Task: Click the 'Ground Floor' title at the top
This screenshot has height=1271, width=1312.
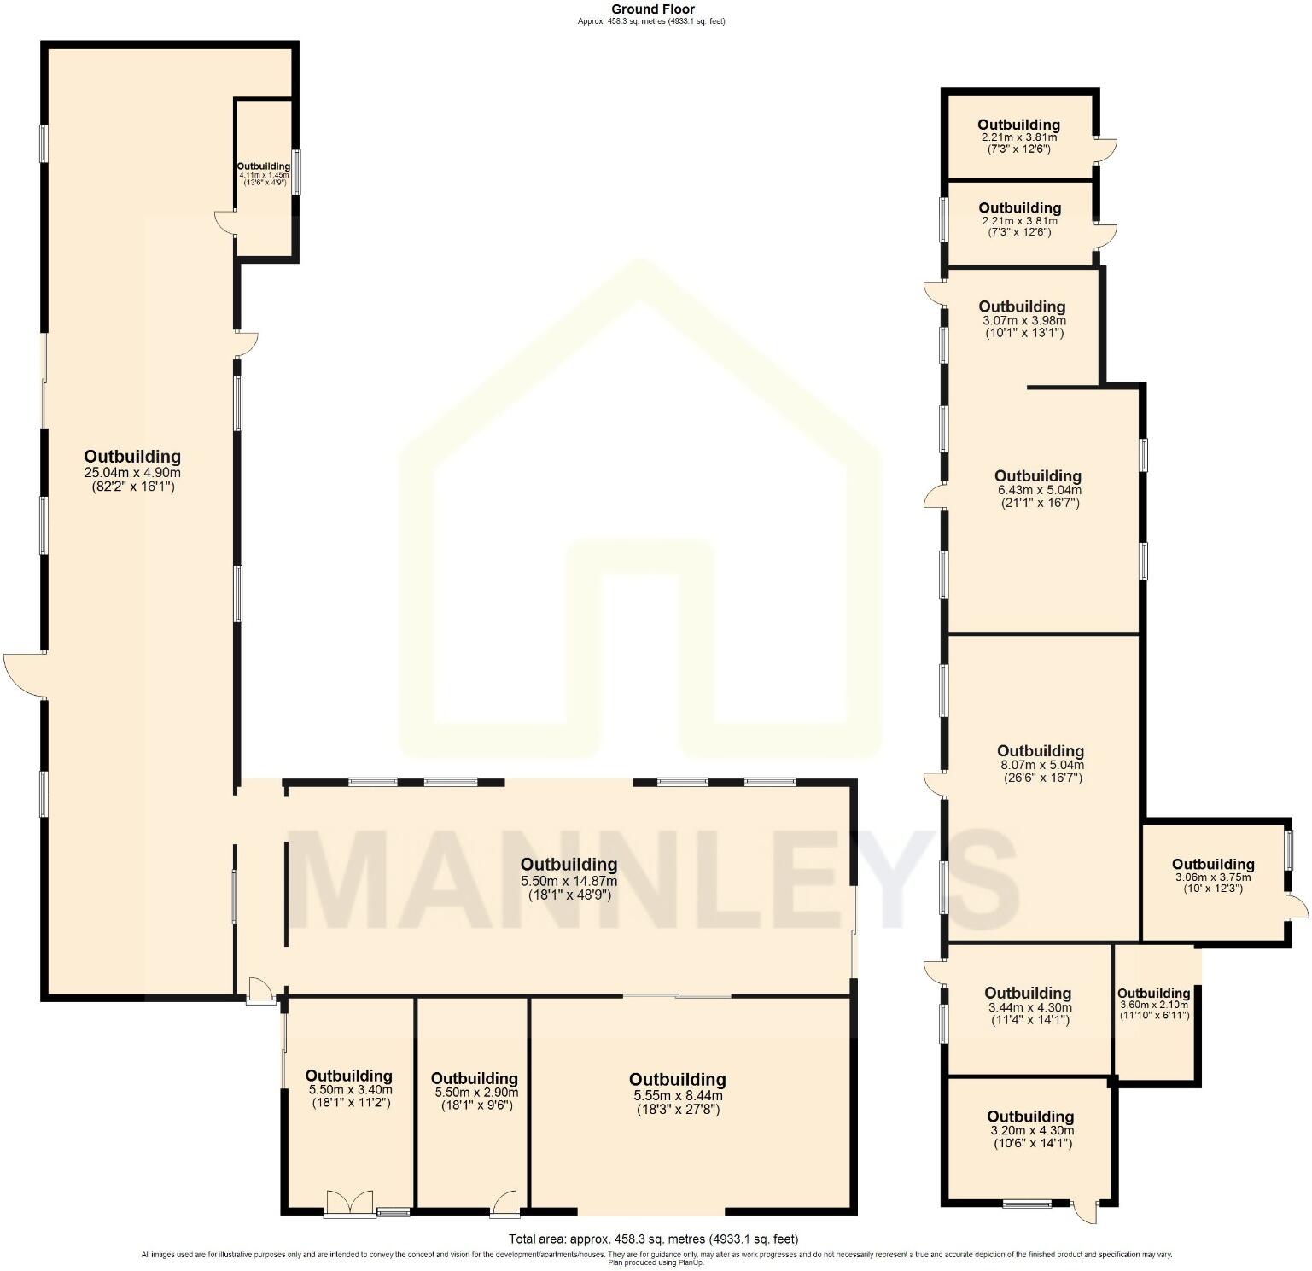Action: click(x=652, y=9)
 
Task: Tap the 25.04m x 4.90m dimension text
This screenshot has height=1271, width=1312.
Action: click(x=132, y=472)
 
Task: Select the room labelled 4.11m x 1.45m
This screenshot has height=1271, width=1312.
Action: click(x=264, y=174)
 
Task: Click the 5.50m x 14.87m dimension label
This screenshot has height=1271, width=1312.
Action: click(x=569, y=881)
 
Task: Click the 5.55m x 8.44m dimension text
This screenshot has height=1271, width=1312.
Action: click(x=677, y=1095)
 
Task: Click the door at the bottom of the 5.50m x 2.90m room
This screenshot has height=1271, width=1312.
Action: click(x=504, y=1203)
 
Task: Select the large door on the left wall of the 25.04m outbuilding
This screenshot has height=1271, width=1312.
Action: click(x=24, y=675)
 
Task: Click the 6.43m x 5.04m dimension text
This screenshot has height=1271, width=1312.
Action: click(x=1038, y=490)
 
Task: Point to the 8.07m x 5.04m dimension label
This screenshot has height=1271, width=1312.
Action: click(x=1040, y=765)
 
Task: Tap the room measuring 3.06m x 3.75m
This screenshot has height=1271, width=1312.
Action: click(x=1212, y=876)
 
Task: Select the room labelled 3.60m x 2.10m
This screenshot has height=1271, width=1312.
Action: click(x=1153, y=1005)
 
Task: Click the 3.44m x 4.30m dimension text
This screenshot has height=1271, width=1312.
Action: click(x=1027, y=1006)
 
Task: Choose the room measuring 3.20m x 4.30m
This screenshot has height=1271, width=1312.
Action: click(x=1029, y=1129)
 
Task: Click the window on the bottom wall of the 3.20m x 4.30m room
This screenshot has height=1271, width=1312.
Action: click(x=1027, y=1204)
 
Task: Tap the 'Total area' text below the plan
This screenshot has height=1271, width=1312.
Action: click(x=653, y=1239)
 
